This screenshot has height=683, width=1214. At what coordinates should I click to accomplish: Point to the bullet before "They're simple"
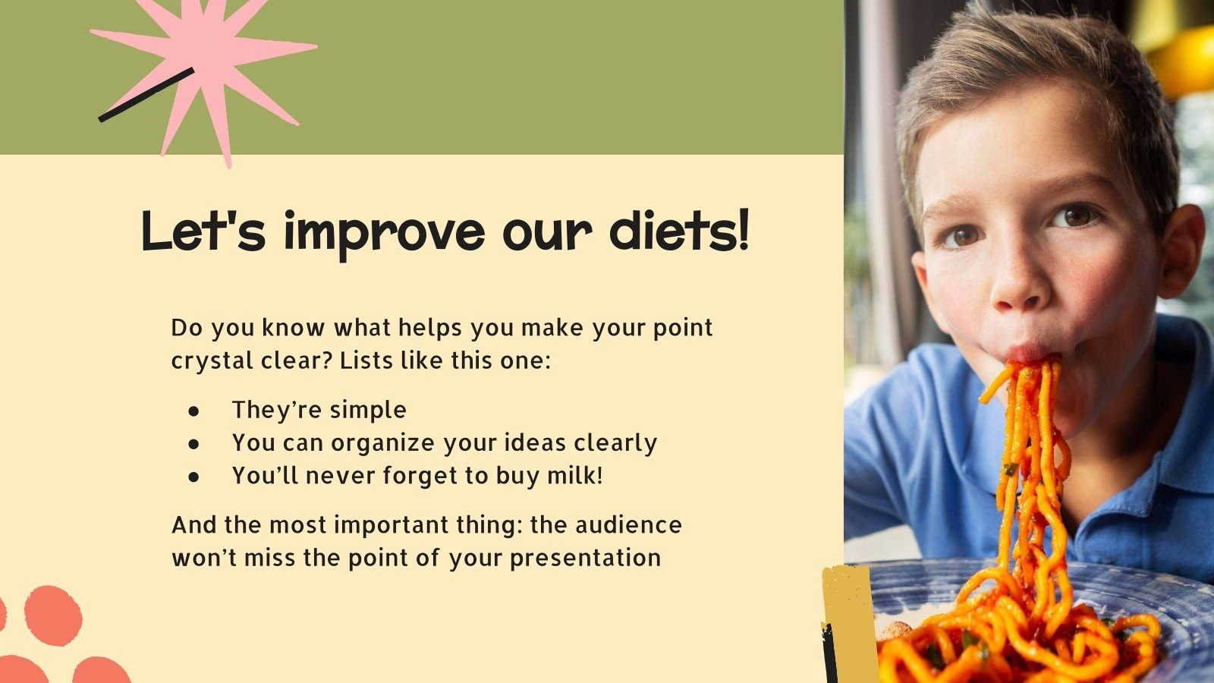click(x=194, y=411)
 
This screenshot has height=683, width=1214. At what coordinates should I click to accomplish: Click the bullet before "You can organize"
click(x=194, y=443)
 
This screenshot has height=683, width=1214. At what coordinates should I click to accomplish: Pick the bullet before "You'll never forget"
click(x=194, y=477)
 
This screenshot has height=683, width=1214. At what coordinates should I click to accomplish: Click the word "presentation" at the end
click(x=585, y=558)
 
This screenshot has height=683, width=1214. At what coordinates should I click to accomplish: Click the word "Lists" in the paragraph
click(x=367, y=360)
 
